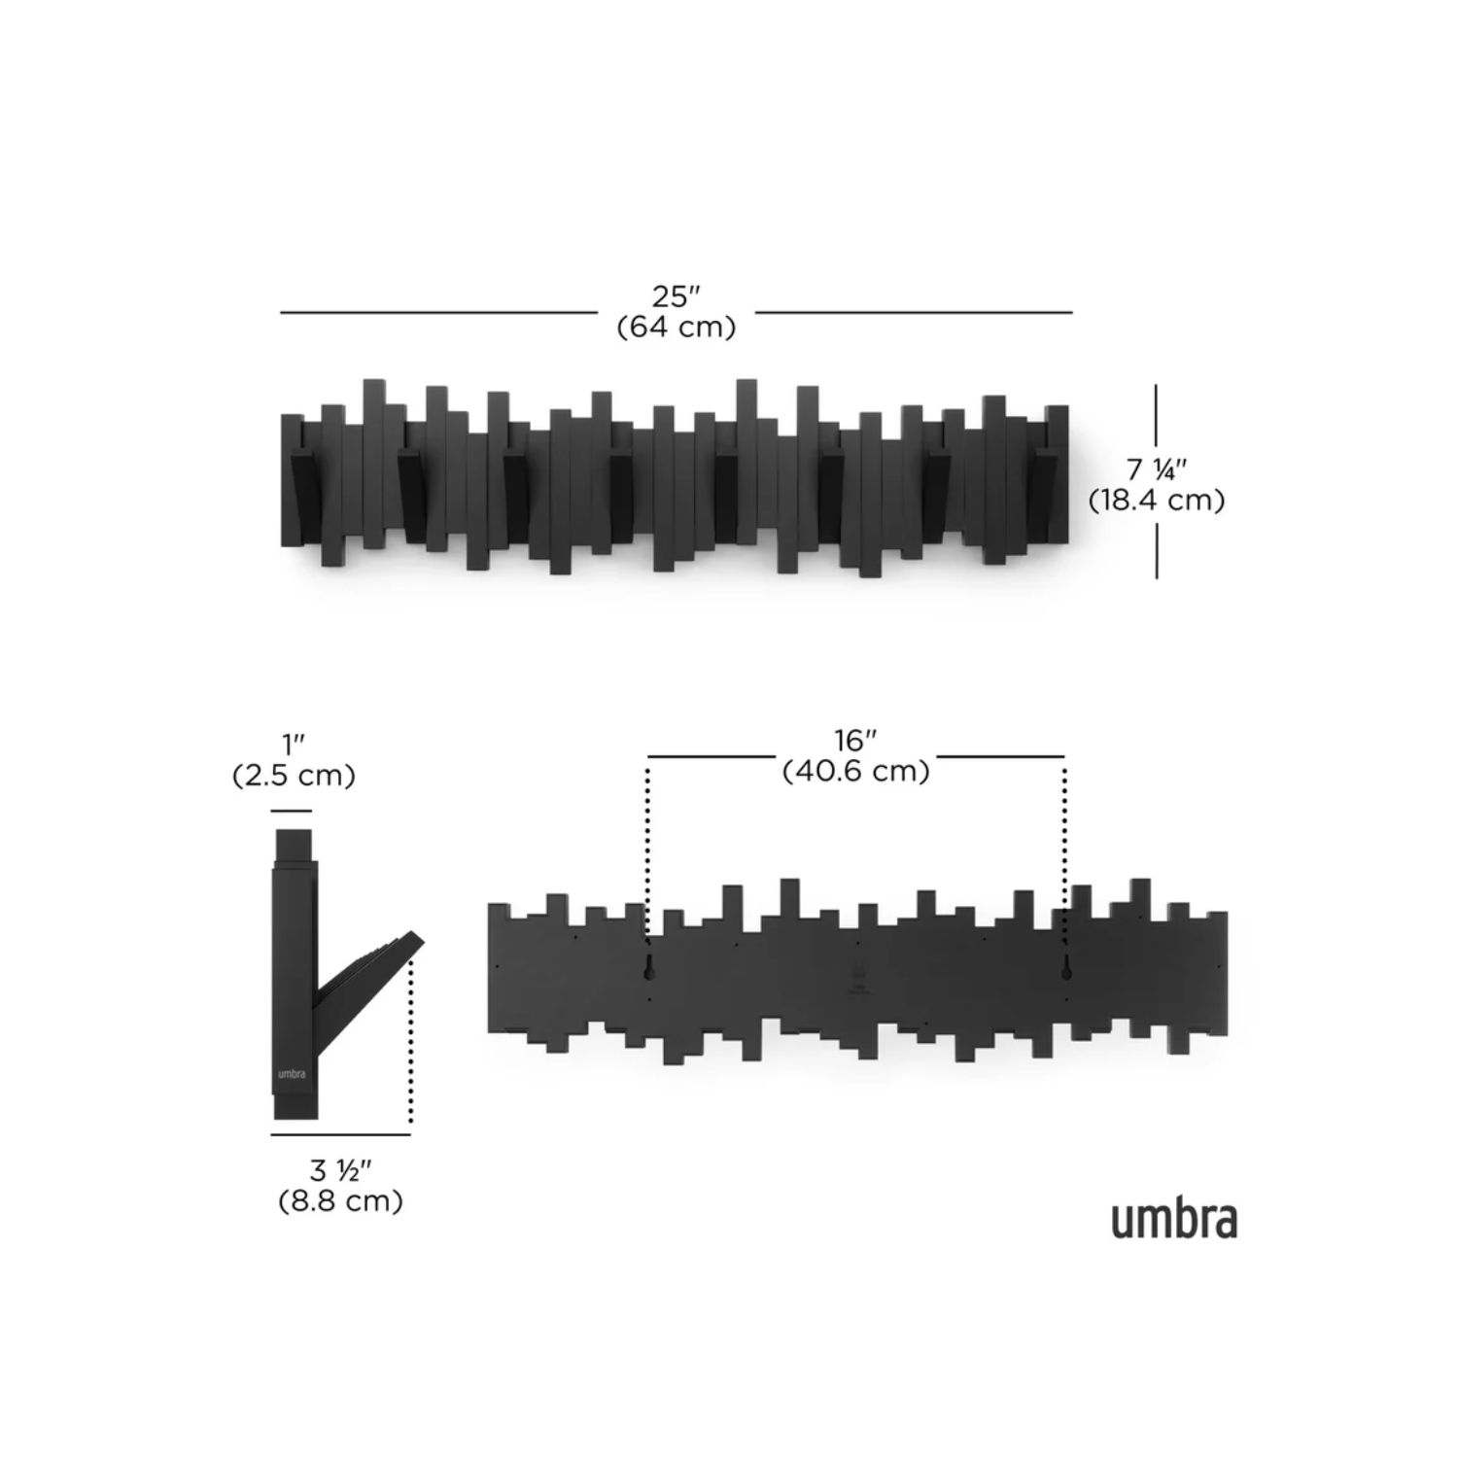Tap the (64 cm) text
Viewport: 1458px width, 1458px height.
677,327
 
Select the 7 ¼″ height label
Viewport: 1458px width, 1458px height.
1157,469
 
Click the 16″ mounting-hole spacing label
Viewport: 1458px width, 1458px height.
855,741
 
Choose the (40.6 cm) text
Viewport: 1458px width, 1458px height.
855,771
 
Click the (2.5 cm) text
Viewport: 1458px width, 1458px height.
294,776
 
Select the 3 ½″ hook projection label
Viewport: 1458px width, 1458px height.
341,1170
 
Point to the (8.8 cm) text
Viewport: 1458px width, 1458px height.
341,1201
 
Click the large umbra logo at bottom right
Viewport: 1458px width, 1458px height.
1174,1220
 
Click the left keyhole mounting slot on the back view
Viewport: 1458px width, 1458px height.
648,964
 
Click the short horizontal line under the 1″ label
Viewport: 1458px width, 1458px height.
292,811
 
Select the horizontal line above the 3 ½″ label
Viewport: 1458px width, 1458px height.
340,1134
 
